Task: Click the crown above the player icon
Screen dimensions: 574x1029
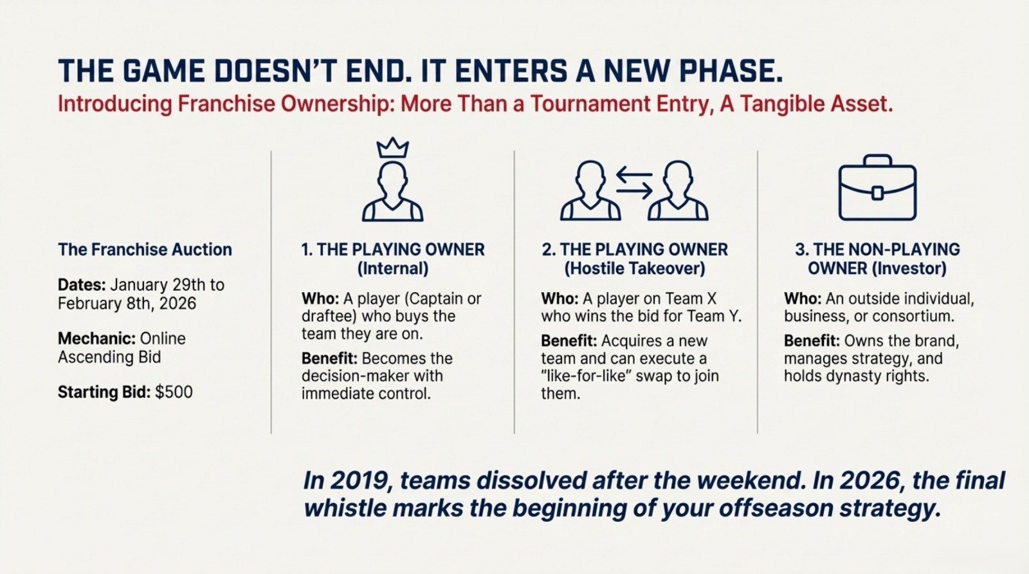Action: tap(392, 149)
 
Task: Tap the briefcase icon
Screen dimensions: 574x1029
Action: tap(877, 188)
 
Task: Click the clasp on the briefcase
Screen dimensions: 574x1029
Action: tap(877, 192)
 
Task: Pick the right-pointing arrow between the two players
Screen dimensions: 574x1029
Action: tap(634, 190)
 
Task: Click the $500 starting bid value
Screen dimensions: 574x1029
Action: tap(174, 392)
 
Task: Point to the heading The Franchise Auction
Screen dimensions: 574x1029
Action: tap(145, 250)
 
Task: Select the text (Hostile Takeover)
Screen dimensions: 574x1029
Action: tap(634, 268)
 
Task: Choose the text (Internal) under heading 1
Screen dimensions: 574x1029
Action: tap(392, 268)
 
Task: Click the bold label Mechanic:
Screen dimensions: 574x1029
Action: tap(96, 338)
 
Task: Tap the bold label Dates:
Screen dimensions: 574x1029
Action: tap(82, 285)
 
